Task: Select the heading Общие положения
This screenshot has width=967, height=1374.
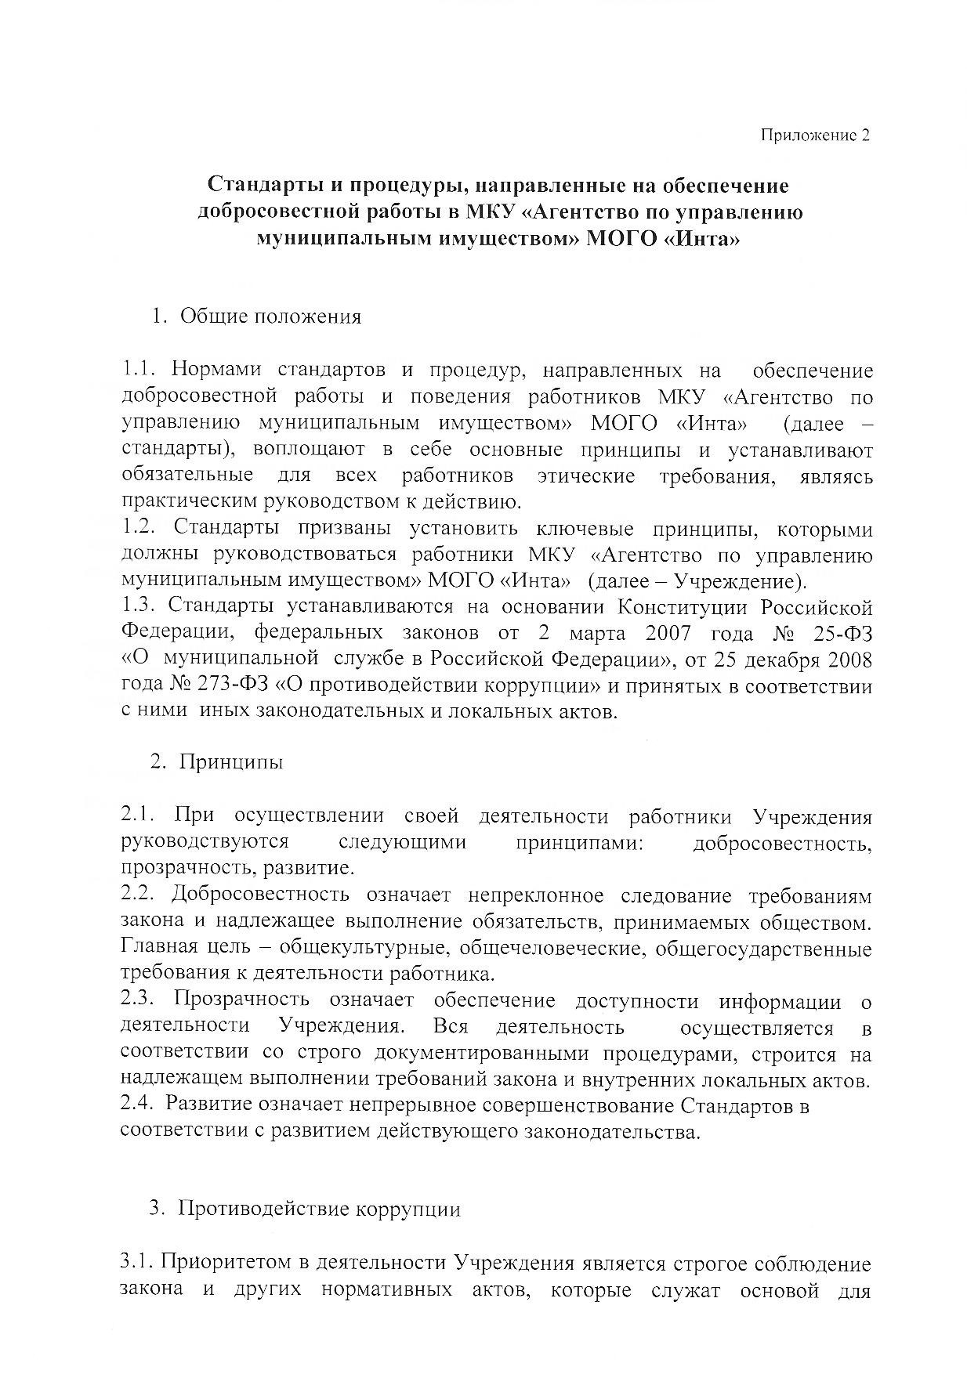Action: coord(270,316)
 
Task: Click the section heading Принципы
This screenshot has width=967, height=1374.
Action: coord(231,761)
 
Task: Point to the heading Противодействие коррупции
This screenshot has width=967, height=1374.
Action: coord(320,1209)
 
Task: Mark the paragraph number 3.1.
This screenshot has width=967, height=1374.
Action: coord(138,1264)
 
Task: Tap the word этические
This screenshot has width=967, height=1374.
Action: coord(586,475)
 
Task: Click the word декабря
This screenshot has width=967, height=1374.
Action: coord(784,660)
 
